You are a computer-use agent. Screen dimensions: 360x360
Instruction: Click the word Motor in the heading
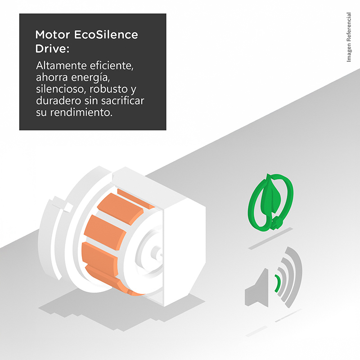pos(53,35)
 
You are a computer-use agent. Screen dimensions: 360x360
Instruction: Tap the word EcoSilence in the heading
pos(106,35)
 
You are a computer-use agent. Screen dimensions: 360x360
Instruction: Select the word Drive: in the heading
pos(52,49)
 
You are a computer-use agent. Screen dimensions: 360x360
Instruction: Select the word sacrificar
pos(122,100)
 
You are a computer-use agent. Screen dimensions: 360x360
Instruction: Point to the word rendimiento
pos(81,112)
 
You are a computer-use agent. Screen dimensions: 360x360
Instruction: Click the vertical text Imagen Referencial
pos(349,37)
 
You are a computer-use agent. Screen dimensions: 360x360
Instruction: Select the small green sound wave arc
pos(278,283)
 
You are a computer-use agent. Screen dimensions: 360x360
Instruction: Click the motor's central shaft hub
pos(156,252)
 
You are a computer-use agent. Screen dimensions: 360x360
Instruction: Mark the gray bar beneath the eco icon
pos(270,238)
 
